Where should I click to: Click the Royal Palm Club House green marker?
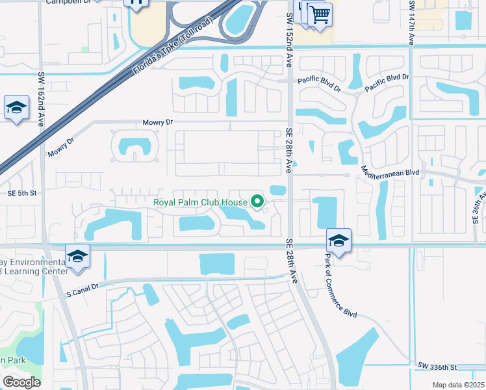click(x=257, y=203)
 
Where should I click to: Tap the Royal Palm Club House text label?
click(x=200, y=202)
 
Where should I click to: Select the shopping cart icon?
click(x=319, y=14)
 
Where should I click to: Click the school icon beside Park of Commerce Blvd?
click(x=339, y=241)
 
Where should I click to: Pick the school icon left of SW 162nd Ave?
click(x=16, y=108)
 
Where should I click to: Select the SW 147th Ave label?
click(x=412, y=22)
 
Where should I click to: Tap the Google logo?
click(x=21, y=382)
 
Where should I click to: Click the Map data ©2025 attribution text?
click(x=459, y=385)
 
